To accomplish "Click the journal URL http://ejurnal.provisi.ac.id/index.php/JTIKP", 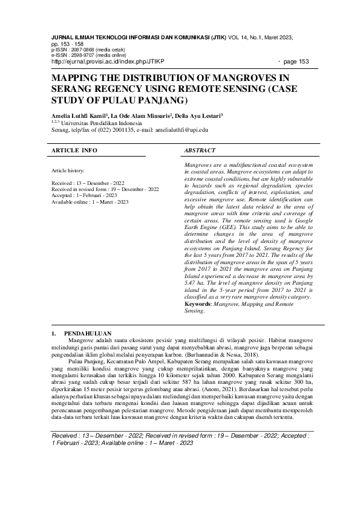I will (108, 62).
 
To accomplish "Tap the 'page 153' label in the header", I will (295, 62).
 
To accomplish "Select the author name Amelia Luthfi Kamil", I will (79, 115).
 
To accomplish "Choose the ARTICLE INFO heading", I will (74, 149).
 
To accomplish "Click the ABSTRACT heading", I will (200, 149).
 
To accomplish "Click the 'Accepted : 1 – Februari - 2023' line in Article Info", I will (85, 195).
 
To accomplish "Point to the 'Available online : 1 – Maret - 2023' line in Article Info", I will (90, 201).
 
